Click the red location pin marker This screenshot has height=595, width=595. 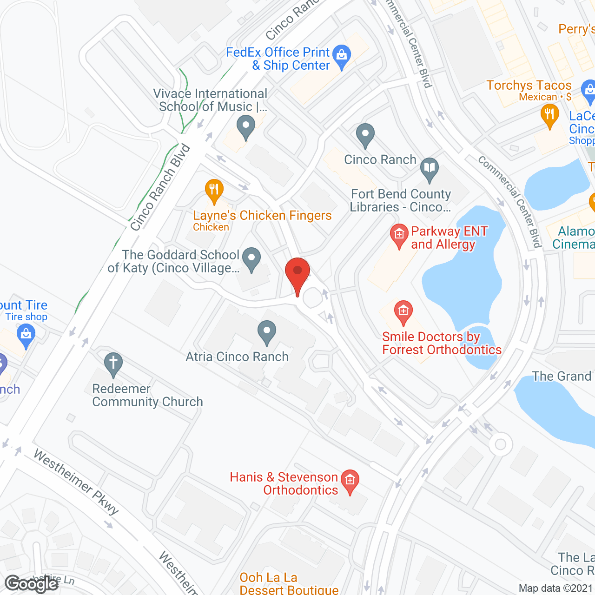point(297,272)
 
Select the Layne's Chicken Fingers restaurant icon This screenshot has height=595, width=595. point(214,190)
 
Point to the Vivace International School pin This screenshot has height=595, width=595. point(245,126)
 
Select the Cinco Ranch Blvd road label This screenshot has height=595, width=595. point(160,187)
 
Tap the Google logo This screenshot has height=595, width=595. point(31,583)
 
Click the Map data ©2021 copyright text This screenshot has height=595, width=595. point(555,588)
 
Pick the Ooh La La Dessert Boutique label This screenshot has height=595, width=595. point(289,584)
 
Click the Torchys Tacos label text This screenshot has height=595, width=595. point(529,86)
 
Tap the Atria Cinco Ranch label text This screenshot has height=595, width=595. point(237,357)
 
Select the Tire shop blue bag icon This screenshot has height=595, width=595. point(26,335)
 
